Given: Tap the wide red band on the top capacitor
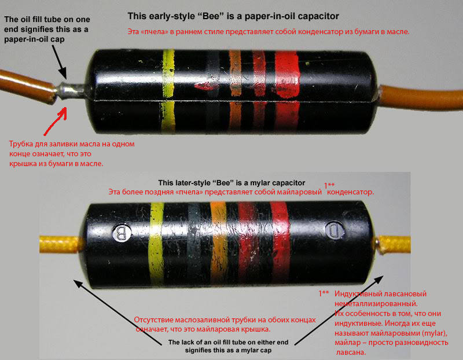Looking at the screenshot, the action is (x=287, y=91).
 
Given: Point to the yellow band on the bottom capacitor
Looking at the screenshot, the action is (x=156, y=243).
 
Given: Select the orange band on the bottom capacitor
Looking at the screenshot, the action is (x=219, y=244).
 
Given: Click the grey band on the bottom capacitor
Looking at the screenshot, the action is (x=194, y=244).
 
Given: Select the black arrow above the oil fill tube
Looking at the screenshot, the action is (x=60, y=62).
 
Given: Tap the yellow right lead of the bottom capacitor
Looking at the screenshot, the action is (x=395, y=244).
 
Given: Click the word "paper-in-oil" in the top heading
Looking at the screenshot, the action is (x=269, y=16).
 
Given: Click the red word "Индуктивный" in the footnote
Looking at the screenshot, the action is (x=357, y=294).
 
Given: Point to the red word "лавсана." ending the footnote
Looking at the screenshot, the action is (x=351, y=352).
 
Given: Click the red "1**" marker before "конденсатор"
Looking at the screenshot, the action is (x=329, y=185).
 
